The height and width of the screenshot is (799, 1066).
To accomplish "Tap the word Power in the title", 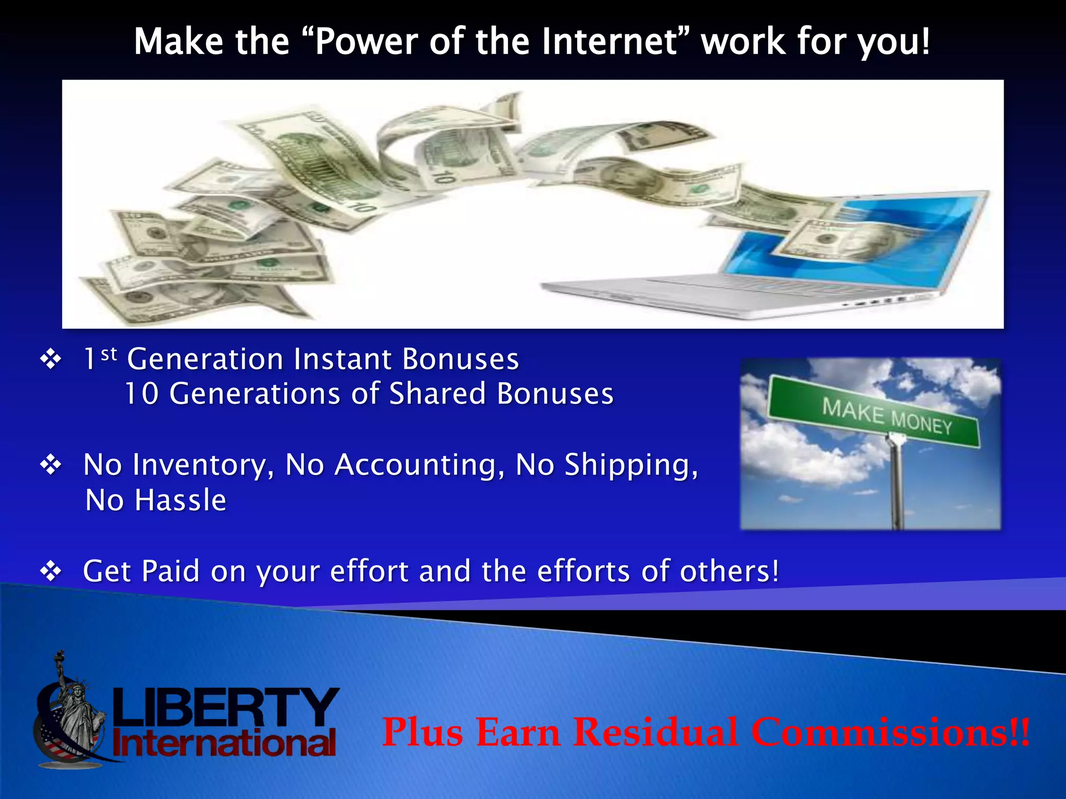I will (366, 42).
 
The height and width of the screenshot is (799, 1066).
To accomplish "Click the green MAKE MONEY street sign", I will (874, 411).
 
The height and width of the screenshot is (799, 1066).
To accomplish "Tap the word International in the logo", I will (224, 744).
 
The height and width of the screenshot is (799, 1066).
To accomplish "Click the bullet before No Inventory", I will (51, 465).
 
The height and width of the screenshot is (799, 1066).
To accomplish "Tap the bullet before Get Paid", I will (51, 571).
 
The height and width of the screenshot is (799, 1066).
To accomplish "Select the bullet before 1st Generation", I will (51, 359).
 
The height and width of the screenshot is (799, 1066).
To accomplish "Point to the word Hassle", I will (180, 500).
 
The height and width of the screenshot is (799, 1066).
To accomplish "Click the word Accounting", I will (420, 465).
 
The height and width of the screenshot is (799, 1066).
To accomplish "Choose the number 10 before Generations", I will (142, 394).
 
